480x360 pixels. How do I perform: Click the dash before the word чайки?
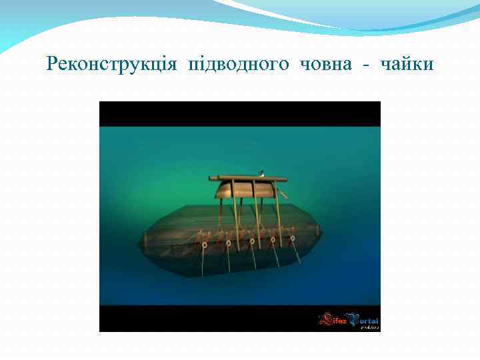367,65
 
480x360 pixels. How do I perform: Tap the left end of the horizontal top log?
213,178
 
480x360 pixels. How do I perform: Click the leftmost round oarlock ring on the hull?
204,245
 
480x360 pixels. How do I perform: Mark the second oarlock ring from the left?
228,243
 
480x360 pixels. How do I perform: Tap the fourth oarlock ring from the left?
272,239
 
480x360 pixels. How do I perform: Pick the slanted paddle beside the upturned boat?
283,194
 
